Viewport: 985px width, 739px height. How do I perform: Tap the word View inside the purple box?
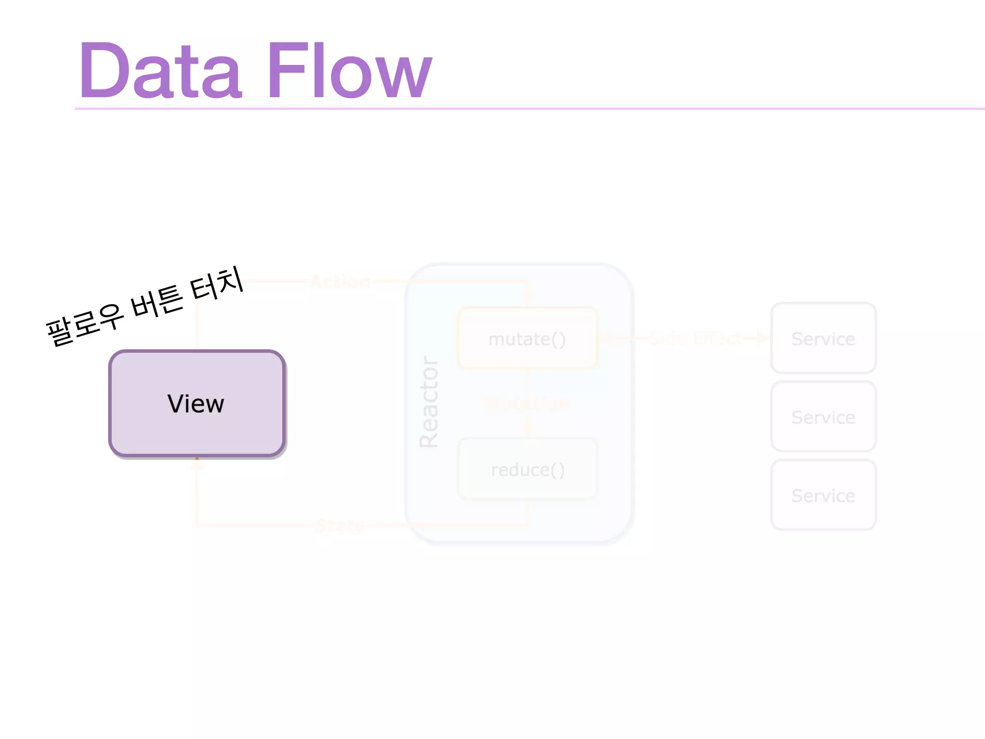196,403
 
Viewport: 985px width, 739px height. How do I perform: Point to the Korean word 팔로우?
85,324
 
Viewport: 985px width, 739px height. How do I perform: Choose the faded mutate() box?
528,339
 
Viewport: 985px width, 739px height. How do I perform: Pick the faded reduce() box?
528,470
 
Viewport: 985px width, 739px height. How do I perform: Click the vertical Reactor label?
429,402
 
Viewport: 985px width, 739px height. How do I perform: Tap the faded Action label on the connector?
341,281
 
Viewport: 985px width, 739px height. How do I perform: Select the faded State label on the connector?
341,525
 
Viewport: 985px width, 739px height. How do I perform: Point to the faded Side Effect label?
695,339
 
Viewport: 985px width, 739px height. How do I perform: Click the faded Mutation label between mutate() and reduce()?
527,403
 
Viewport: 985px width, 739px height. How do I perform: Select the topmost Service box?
823,339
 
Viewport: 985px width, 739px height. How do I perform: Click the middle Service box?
823,417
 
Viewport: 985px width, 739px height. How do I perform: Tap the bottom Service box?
823,496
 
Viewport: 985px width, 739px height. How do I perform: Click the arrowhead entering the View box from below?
197,462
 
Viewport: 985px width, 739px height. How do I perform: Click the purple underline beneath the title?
529,109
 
